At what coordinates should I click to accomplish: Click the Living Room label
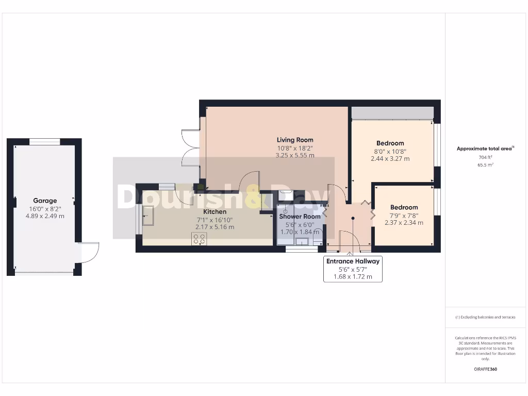(x=294, y=140)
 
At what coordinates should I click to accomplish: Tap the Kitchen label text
(x=214, y=211)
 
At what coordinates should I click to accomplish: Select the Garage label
(x=45, y=201)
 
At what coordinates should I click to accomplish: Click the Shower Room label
(x=300, y=217)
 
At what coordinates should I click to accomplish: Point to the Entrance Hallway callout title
(x=353, y=261)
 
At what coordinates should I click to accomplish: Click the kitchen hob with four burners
(x=199, y=238)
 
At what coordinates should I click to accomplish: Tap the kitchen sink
(x=148, y=215)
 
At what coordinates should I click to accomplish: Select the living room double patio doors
(x=189, y=147)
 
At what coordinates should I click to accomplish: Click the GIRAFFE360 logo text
(x=485, y=369)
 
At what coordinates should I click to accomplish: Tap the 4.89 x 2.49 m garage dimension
(x=45, y=216)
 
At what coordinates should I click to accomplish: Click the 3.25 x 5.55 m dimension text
(x=294, y=155)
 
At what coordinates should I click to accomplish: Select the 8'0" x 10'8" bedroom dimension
(x=390, y=151)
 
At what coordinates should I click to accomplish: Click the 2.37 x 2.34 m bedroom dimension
(x=404, y=223)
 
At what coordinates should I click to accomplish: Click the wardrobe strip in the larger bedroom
(x=392, y=113)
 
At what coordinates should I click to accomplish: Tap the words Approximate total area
(x=484, y=148)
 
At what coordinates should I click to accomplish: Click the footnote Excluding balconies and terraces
(x=485, y=317)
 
